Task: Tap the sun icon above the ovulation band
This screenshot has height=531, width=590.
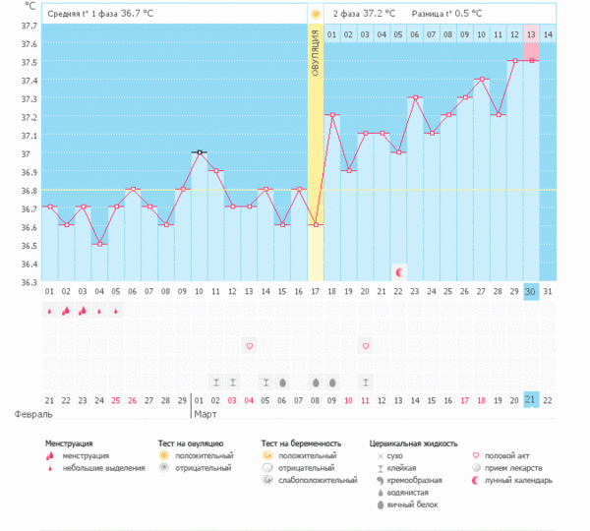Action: (x=315, y=15)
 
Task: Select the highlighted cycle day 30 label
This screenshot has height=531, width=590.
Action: (x=531, y=292)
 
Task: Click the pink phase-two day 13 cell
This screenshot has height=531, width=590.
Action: (x=531, y=35)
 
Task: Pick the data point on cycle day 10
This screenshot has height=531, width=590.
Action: (x=200, y=152)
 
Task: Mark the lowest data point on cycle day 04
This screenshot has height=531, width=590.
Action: (x=99, y=244)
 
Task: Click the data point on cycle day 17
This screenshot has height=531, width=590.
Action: (x=315, y=225)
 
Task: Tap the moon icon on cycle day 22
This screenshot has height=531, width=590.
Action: (x=399, y=271)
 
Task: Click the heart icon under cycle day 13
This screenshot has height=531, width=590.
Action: (x=249, y=346)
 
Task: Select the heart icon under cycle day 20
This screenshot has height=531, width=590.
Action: (x=366, y=346)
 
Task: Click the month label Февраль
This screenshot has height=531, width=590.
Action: (x=27, y=415)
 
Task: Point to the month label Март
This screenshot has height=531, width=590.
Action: (x=206, y=415)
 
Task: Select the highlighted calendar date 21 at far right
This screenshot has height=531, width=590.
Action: (x=531, y=399)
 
